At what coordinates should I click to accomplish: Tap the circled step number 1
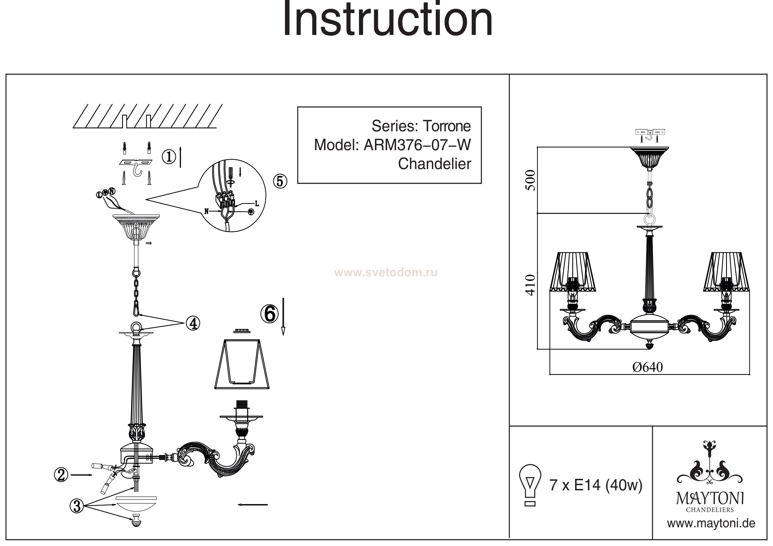point(169,157)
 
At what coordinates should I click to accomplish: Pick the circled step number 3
point(77,506)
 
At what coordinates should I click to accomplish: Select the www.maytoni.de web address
point(711,524)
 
